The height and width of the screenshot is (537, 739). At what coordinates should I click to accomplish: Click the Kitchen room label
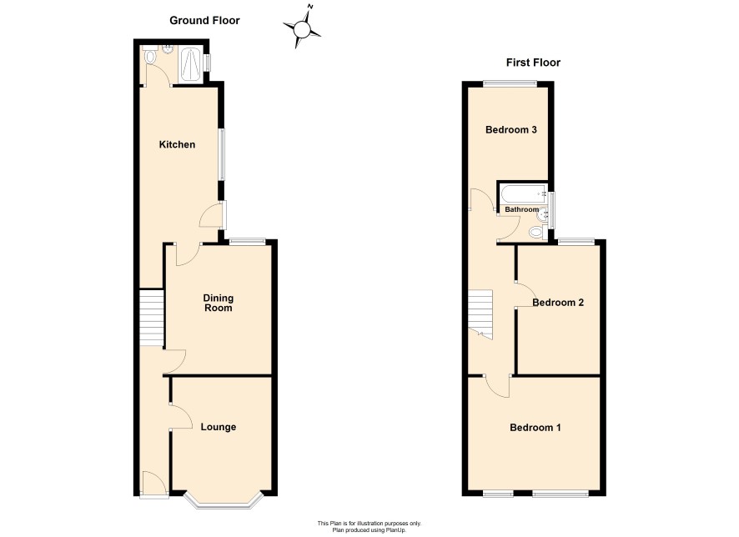tap(177, 144)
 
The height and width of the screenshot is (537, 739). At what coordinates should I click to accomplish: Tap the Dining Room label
tap(218, 303)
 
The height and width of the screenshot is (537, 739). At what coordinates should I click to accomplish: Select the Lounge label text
tap(219, 427)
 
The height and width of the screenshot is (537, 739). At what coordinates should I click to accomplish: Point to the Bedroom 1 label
tap(535, 428)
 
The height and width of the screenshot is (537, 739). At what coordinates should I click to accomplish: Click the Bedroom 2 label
tap(558, 303)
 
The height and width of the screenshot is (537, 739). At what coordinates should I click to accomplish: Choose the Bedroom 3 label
tap(511, 129)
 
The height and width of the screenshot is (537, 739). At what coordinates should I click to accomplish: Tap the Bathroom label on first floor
tap(522, 209)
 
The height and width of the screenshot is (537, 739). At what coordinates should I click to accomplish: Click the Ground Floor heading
tap(204, 20)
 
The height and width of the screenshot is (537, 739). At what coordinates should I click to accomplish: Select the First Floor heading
tap(533, 63)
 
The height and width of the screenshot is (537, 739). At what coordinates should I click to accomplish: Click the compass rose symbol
tap(302, 29)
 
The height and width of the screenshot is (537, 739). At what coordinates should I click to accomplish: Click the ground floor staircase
tap(151, 318)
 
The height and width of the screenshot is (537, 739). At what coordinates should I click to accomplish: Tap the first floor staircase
tap(480, 314)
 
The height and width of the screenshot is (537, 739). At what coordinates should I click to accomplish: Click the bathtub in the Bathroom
tap(523, 193)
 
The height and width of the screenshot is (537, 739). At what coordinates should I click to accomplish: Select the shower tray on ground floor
tap(193, 65)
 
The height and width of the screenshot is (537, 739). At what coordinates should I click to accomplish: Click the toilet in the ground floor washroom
tap(150, 56)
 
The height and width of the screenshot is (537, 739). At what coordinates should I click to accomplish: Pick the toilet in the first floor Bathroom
tap(536, 232)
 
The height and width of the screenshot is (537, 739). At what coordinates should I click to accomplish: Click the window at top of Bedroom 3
tap(510, 84)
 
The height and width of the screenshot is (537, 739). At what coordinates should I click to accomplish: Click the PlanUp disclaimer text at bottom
tap(369, 527)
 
